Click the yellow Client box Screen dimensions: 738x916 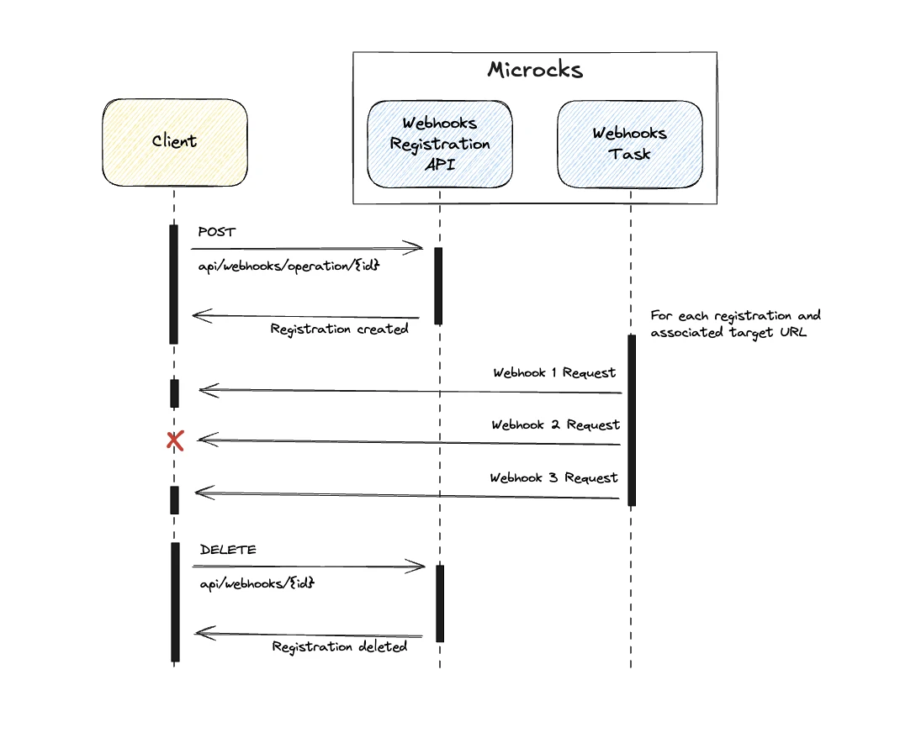175,142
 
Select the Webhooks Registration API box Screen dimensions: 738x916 439,144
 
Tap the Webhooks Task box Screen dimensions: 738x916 629,144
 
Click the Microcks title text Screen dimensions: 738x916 535,70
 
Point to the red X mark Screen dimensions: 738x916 175,440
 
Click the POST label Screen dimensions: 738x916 217,232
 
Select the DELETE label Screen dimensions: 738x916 228,550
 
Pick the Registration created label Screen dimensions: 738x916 339,329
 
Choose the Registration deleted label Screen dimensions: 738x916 339,646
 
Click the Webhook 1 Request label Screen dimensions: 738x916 554,372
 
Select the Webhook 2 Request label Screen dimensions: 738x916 555,425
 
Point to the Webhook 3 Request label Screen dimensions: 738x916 553,478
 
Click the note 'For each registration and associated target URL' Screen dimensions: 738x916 735,324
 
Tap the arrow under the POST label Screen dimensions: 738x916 306,248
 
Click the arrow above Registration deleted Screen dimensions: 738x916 308,635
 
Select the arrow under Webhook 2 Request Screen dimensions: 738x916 409,442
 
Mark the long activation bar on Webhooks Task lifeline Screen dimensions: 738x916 631,420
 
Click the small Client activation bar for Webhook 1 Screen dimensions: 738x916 175,393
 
